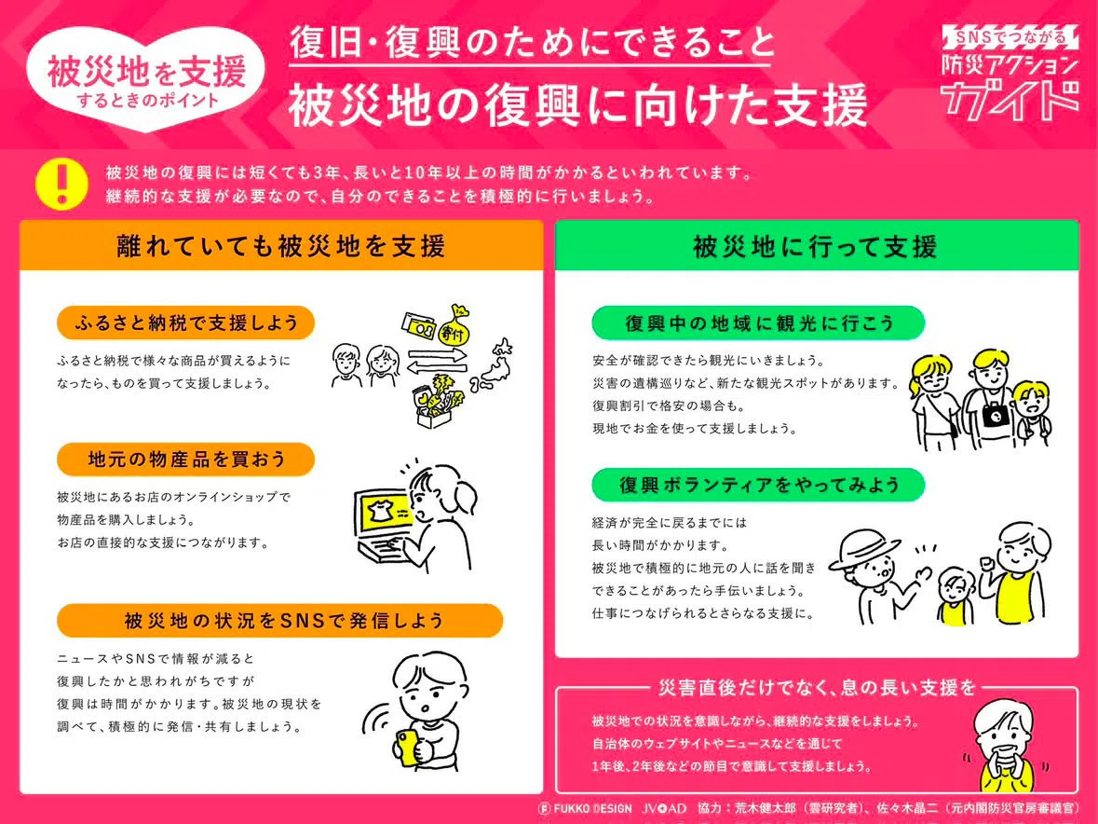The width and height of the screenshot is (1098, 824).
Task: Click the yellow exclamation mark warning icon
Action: click(61, 185)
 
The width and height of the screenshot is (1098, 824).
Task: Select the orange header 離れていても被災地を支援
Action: click(281, 245)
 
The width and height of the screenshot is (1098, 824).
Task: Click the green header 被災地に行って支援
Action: click(817, 245)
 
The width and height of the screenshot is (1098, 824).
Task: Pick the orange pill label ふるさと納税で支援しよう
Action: click(185, 323)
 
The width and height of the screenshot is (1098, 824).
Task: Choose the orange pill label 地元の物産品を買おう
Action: click(185, 460)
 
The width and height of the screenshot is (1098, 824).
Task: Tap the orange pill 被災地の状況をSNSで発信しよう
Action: click(280, 621)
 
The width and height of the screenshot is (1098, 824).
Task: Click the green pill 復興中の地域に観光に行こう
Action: click(758, 323)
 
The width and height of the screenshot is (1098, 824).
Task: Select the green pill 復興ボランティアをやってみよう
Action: click(758, 485)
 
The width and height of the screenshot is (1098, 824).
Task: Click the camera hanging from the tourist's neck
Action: click(995, 416)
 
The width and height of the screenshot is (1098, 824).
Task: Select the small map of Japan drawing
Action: click(493, 365)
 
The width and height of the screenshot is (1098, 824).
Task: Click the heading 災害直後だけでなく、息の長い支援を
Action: click(817, 687)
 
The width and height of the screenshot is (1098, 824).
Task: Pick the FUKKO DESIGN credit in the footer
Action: click(586, 808)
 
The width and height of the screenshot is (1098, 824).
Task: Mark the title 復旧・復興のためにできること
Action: click(532, 44)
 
